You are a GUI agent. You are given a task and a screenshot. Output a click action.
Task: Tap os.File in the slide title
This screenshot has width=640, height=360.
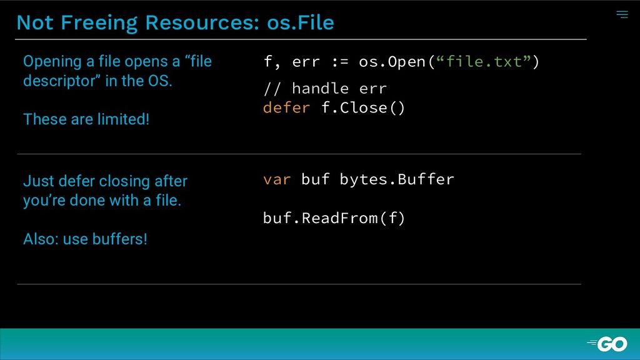point(300,22)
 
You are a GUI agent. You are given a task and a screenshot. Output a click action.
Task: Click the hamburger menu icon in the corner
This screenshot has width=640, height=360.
point(622,14)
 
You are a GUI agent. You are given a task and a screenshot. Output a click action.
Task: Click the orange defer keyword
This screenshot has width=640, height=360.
point(286,107)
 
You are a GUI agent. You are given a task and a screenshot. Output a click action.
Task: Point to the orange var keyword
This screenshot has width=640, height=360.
point(277,179)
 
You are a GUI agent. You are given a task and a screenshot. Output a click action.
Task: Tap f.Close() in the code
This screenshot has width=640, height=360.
point(363,107)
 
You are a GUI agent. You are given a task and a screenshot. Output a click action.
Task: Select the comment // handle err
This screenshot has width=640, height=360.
point(325,88)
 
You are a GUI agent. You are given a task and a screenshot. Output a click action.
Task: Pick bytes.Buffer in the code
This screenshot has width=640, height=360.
point(397,179)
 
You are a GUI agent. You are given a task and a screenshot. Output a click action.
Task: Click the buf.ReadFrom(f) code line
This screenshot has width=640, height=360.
point(334,218)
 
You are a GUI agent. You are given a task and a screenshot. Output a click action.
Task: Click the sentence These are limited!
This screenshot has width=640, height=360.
point(86,119)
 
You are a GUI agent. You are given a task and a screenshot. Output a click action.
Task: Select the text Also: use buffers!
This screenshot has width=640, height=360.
point(85,239)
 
